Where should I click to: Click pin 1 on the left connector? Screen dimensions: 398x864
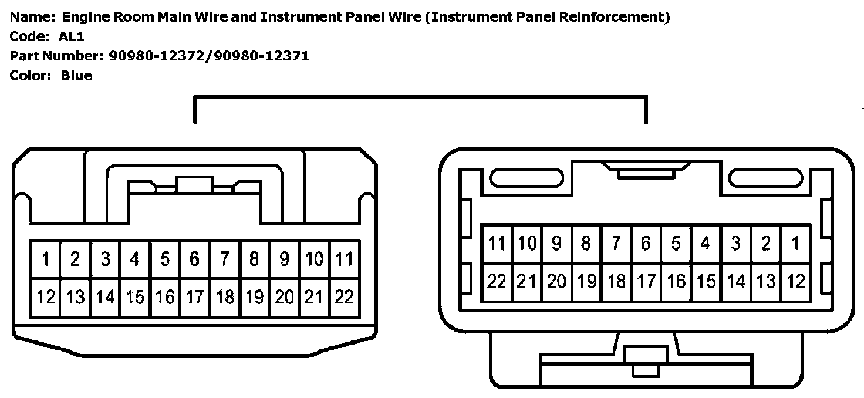point(45,259)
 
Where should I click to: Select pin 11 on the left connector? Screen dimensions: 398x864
point(345,259)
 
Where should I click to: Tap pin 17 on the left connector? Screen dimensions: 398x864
point(195,297)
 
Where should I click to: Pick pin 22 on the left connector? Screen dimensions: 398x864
point(345,297)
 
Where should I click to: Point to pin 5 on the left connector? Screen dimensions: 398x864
point(165,259)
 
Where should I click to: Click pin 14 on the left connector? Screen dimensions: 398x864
point(105,297)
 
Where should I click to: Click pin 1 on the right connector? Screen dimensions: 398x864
point(795,244)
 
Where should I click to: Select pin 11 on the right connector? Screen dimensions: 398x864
point(497,244)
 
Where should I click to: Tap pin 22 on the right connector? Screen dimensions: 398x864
point(497,282)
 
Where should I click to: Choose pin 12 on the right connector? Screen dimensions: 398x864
point(795,282)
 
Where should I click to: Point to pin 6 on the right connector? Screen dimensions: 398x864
point(646,244)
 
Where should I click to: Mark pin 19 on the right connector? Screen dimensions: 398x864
point(586,282)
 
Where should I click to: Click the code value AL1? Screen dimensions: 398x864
point(72,36)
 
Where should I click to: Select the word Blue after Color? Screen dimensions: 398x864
point(76,76)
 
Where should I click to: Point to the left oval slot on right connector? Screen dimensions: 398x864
point(526,178)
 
